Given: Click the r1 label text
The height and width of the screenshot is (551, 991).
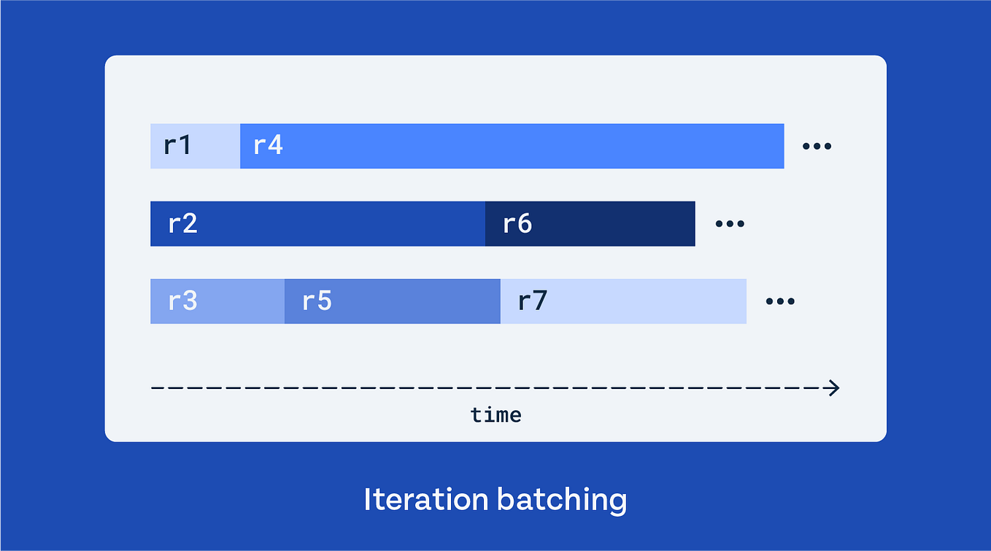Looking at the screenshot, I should coord(177,146).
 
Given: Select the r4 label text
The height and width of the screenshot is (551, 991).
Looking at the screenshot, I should coord(268,146).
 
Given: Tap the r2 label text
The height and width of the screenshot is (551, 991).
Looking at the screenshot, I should coord(182,223).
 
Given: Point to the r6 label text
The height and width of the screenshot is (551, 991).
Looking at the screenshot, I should coord(517,223).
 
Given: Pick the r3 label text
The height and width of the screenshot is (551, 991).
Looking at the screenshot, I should coord(182,301).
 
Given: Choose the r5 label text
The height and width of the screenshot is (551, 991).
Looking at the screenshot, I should coord(317,301).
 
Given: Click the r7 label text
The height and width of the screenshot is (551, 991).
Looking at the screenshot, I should coord(533,301).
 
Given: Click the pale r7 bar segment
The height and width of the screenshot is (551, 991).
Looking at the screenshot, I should coord(642,301).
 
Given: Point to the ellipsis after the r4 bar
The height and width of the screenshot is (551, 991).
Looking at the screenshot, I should coord(817,147).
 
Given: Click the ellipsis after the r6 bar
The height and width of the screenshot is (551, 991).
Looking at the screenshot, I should coord(730,224).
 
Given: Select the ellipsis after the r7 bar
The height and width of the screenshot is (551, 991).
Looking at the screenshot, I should coord(780,301).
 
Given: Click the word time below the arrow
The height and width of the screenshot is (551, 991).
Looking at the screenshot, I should coord(495,415).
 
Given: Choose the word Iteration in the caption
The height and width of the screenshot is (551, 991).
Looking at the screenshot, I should coord(426,500).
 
